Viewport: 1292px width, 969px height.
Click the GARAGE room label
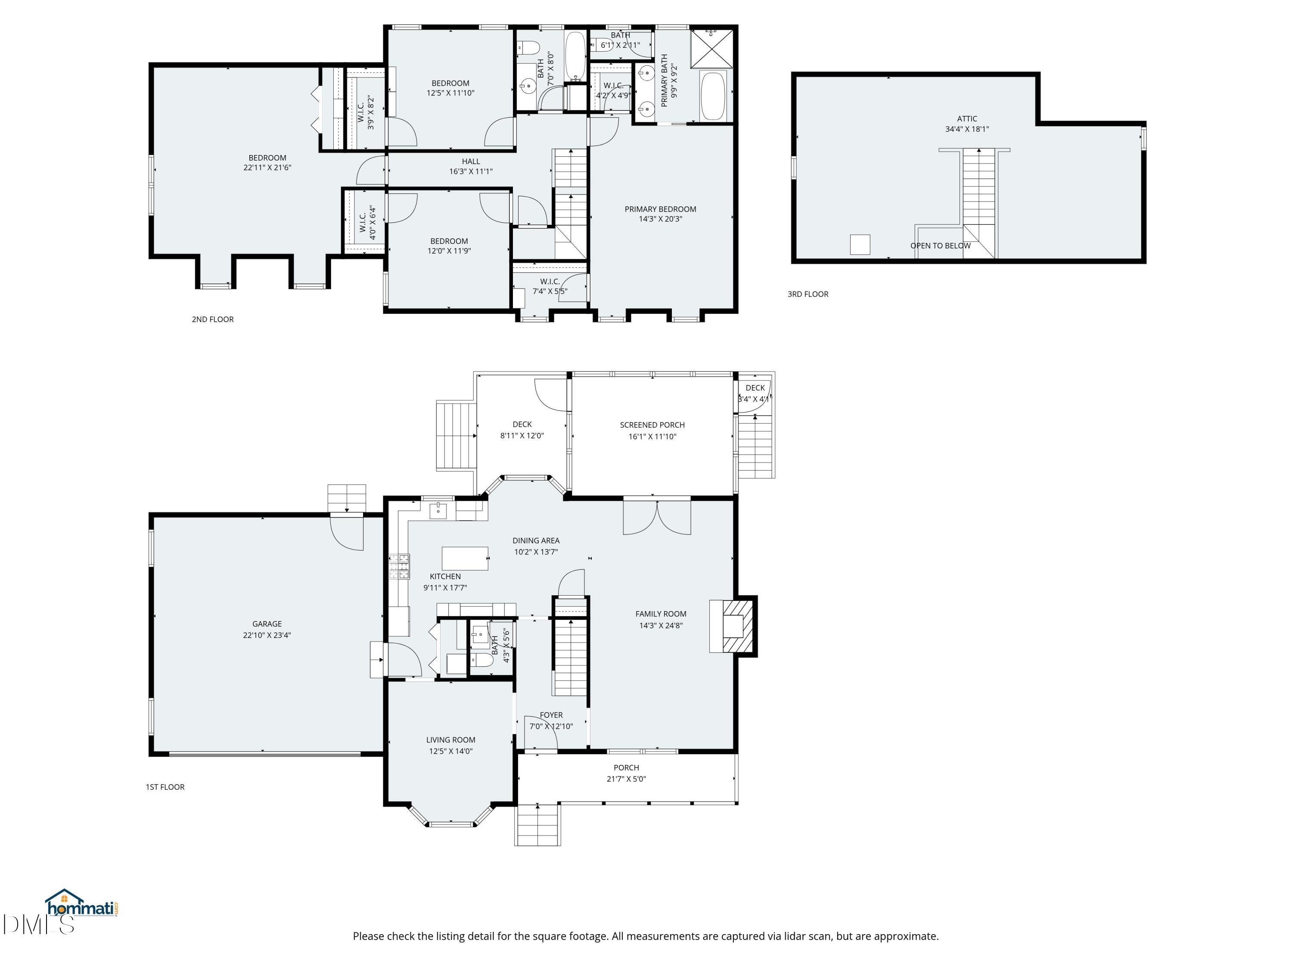(x=267, y=624)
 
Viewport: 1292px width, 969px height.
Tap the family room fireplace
(x=733, y=626)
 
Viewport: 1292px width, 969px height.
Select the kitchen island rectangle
(x=465, y=559)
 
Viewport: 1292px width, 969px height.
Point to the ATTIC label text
(x=967, y=118)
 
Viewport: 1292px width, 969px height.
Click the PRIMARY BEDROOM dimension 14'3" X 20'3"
(x=660, y=219)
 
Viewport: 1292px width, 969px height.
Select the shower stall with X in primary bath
(x=711, y=48)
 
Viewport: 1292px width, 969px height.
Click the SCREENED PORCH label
(x=652, y=425)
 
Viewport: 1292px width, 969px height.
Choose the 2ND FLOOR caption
(x=213, y=320)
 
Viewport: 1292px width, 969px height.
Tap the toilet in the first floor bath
(x=482, y=660)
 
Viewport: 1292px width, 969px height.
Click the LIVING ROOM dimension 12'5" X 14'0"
(x=450, y=751)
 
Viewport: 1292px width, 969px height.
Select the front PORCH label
(x=626, y=767)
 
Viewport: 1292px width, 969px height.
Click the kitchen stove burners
(x=401, y=567)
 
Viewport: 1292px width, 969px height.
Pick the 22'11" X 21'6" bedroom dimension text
(x=267, y=168)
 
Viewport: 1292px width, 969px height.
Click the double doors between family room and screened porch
(x=657, y=517)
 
